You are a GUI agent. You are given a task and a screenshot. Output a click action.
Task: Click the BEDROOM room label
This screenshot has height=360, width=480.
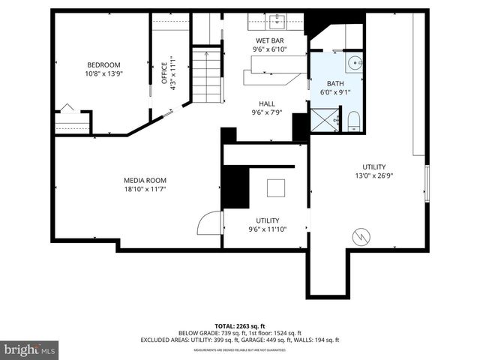tap(103, 64)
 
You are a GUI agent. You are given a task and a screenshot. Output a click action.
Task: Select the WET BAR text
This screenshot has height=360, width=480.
tap(270, 40)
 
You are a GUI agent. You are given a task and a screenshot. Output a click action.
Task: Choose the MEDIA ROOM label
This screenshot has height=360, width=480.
tap(145, 180)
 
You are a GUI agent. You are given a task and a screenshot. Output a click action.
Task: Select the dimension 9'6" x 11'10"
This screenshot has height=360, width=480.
tap(268, 229)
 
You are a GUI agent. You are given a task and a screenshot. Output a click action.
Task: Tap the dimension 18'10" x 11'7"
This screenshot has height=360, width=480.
tap(145, 190)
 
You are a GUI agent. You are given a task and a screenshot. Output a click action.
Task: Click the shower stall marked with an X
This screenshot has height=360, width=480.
tap(323, 118)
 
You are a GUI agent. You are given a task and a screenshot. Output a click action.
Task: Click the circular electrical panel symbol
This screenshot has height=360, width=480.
tap(362, 236)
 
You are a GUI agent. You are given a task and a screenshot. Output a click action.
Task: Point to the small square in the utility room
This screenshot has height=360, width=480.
tap(275, 187)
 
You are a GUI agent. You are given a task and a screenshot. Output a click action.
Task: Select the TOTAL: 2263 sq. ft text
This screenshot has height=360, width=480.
tap(239, 326)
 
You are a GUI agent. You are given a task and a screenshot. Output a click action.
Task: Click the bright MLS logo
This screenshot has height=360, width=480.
tap(30, 349)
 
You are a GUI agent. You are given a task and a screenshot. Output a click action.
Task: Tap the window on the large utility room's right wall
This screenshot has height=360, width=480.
tap(426, 184)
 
